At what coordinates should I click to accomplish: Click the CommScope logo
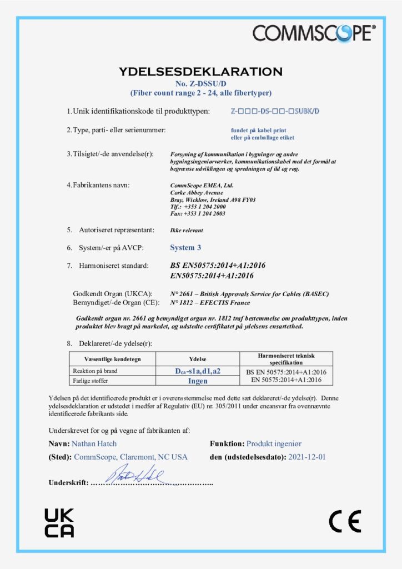(x=314, y=33)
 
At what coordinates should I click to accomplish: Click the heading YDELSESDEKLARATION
(x=200, y=72)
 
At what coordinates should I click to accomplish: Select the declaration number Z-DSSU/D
(x=200, y=83)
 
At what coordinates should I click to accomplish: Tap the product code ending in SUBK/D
(x=275, y=111)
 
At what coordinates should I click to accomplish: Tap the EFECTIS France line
(x=209, y=302)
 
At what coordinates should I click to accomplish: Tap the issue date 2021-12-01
(x=306, y=457)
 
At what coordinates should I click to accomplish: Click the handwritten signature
(x=135, y=474)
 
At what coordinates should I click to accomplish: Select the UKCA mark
(x=59, y=522)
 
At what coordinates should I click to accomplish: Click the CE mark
(x=344, y=521)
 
